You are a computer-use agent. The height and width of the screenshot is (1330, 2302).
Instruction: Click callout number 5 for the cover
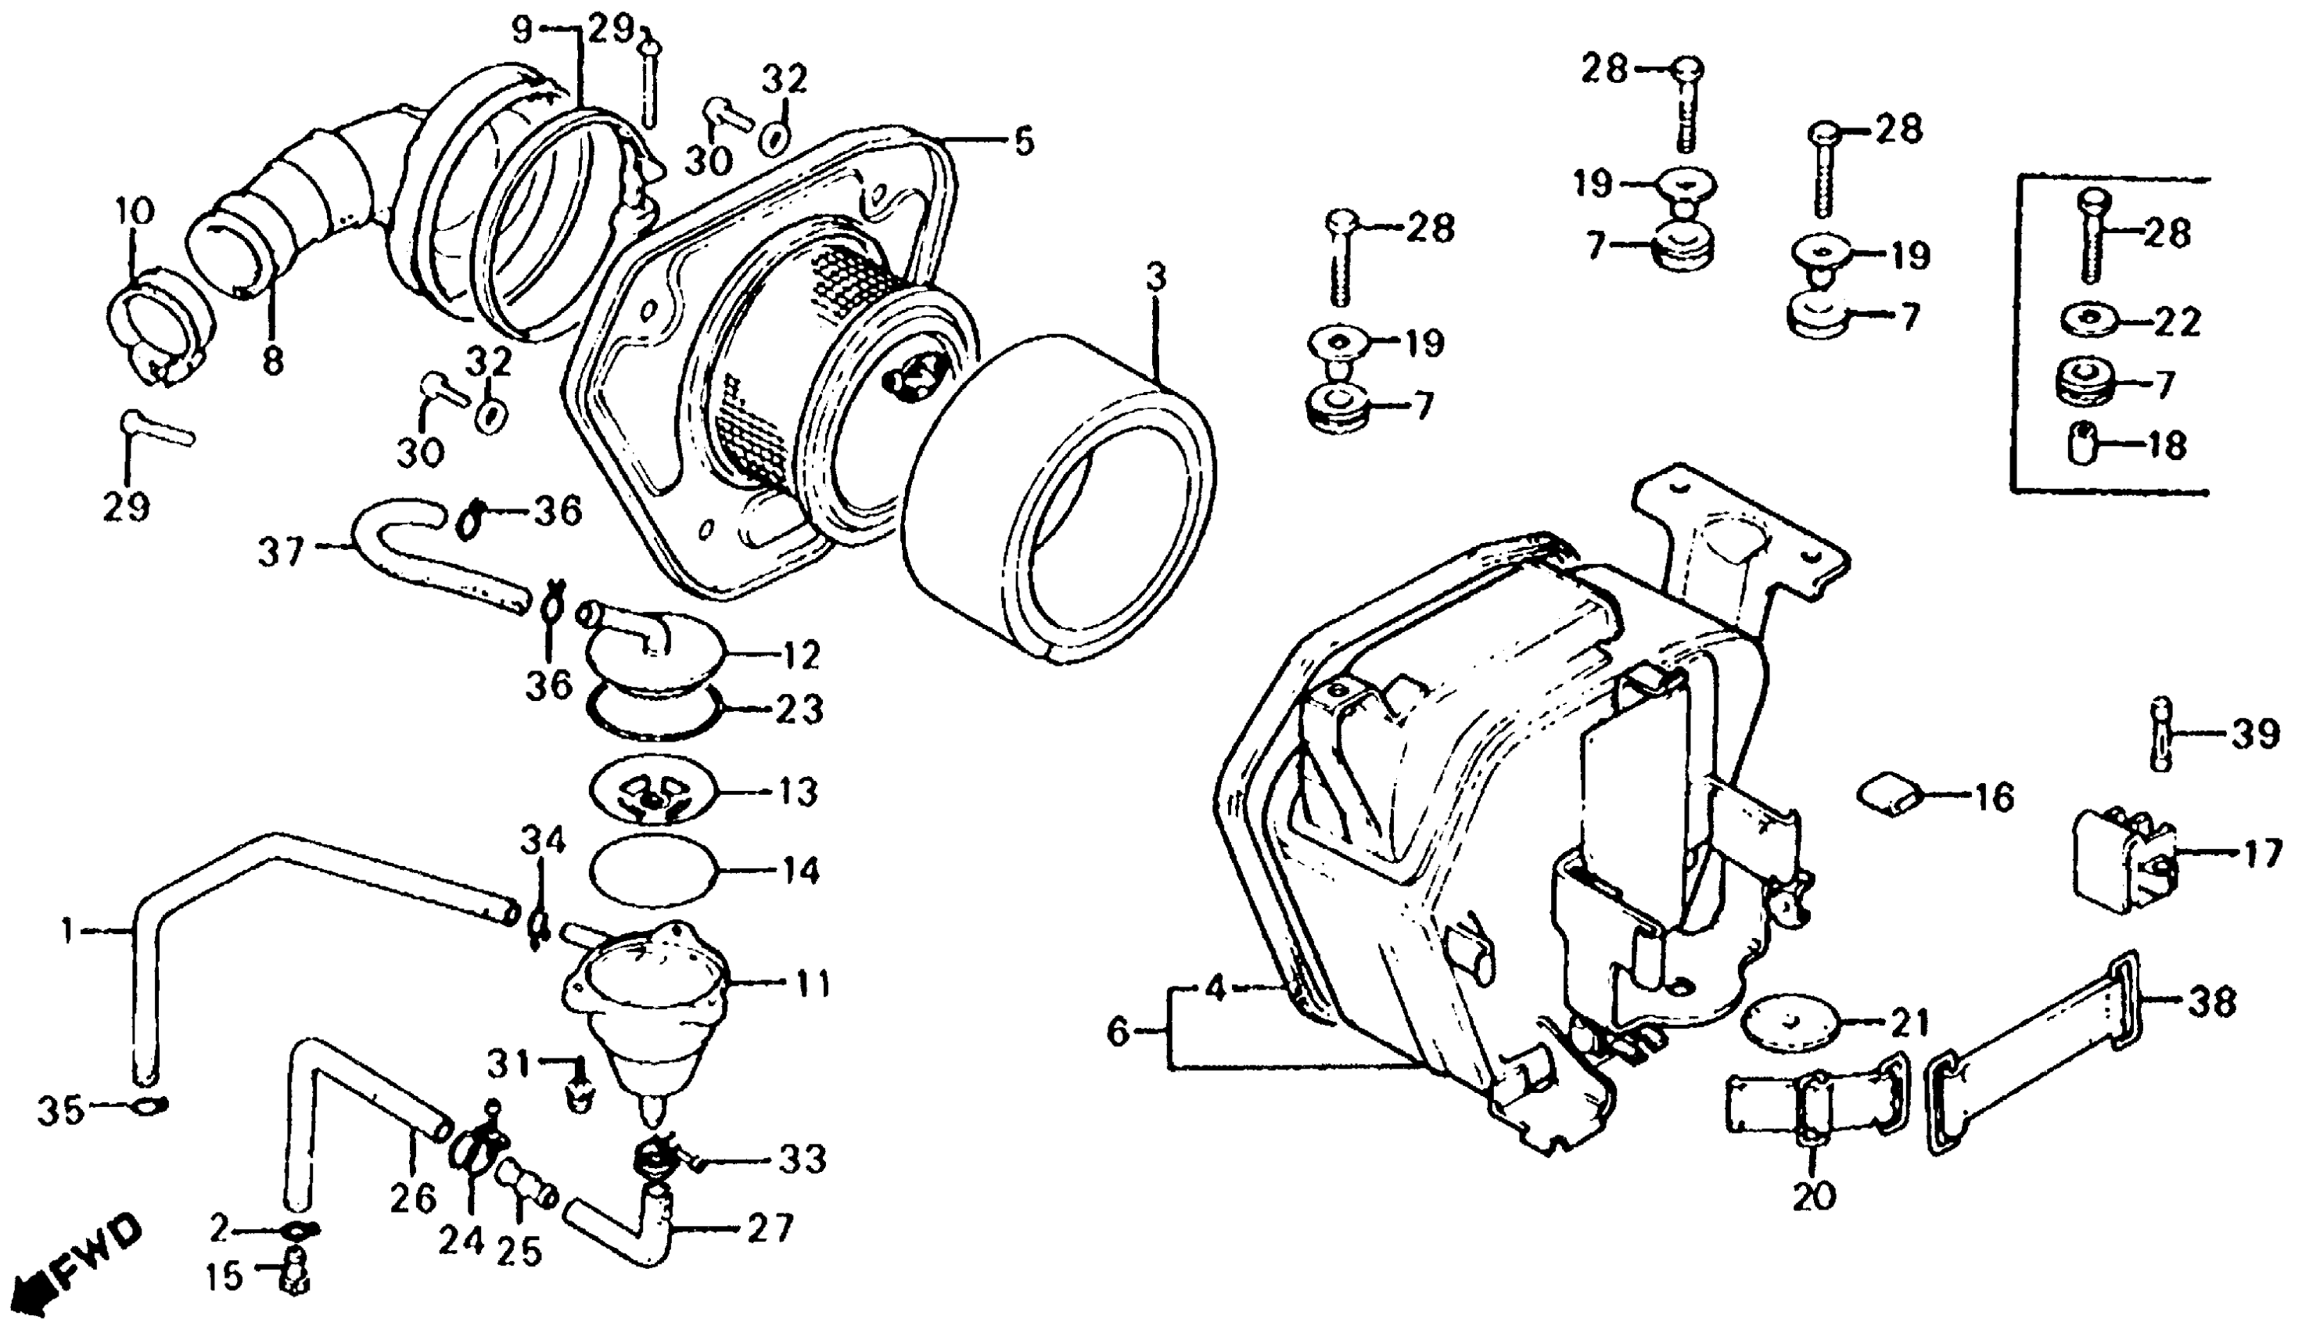(x=1024, y=142)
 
